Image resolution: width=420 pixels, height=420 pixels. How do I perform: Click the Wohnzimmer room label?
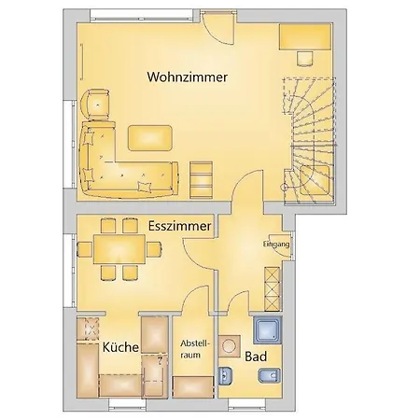(x=188, y=77)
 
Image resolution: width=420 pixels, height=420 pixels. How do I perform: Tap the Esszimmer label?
(x=180, y=226)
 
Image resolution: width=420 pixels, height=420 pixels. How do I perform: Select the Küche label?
(x=120, y=347)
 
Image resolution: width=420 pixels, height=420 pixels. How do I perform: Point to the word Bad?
(x=256, y=357)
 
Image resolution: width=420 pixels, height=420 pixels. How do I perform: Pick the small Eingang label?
(x=276, y=245)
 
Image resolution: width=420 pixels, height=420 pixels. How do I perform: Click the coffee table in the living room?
(x=150, y=138)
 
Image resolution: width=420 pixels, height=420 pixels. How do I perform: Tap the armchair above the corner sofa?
(x=95, y=105)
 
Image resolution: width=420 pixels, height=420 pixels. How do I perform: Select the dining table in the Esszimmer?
(x=119, y=249)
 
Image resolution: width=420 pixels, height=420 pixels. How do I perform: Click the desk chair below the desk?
(x=304, y=59)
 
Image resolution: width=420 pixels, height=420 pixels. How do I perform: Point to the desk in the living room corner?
(x=305, y=36)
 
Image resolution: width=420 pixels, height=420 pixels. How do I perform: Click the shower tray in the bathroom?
(x=268, y=329)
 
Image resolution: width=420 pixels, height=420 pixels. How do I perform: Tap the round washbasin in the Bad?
(x=230, y=345)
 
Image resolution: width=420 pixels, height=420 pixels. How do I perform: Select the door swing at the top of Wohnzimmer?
(x=217, y=27)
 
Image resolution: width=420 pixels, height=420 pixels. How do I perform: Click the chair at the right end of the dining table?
(x=154, y=249)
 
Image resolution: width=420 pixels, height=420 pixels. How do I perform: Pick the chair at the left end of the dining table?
(x=85, y=249)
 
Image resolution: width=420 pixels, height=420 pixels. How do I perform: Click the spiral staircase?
(x=310, y=141)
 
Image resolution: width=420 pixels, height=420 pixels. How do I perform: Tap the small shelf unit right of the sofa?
(x=202, y=179)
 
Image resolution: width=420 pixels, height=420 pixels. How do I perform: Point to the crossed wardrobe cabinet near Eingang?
(x=273, y=288)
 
